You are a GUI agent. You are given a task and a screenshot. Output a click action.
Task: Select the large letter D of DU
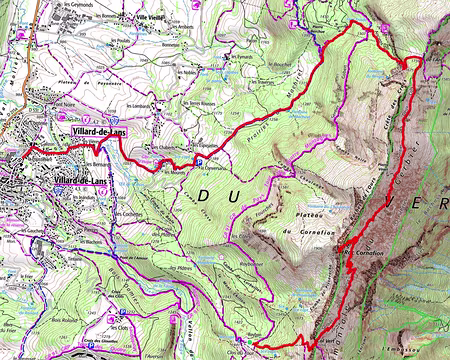click(206, 197)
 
